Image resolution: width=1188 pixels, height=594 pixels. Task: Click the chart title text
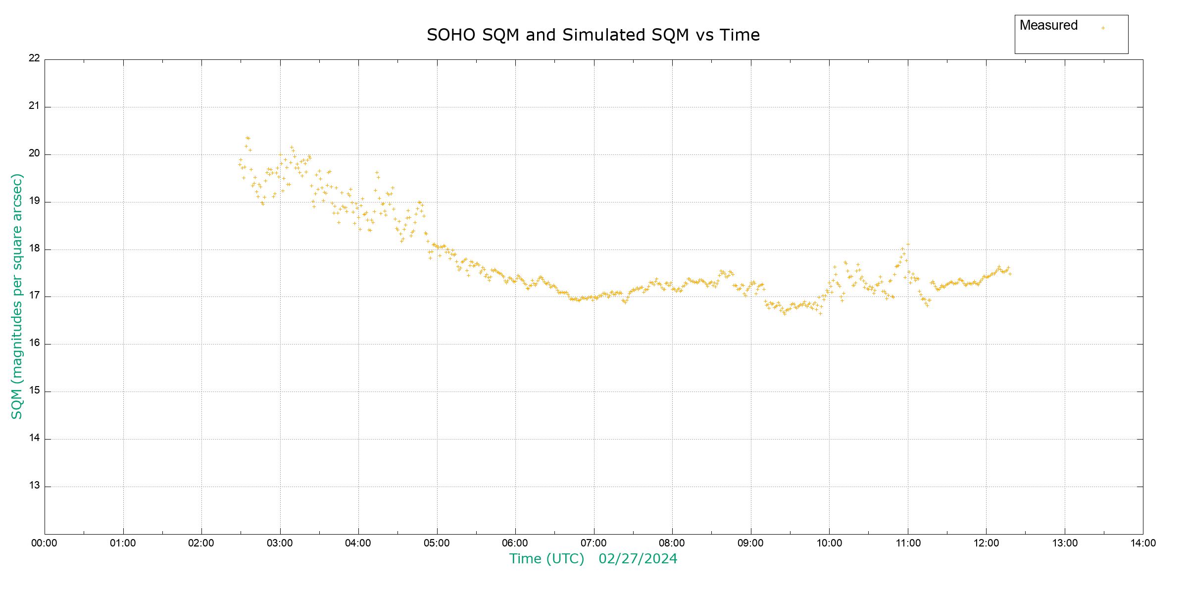tap(593, 35)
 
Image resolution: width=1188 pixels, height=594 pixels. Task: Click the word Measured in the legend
tap(1048, 25)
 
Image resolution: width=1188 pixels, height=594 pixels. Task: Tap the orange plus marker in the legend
tap(1103, 28)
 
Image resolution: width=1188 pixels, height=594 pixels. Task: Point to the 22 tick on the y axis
tap(34, 58)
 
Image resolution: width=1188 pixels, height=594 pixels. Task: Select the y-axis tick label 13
tap(34, 486)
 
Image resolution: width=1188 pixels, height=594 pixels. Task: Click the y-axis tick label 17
tap(34, 296)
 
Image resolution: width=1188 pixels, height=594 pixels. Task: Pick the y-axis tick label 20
tap(34, 153)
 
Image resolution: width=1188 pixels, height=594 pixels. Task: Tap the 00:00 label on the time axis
tap(44, 543)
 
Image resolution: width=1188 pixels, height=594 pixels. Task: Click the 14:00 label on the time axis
tap(1143, 543)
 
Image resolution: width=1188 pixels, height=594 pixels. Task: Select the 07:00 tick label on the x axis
tap(594, 543)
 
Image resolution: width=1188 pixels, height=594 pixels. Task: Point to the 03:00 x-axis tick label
tap(280, 543)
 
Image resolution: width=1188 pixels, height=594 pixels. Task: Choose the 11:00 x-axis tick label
tap(908, 543)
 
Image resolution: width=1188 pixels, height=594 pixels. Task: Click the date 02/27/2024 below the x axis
tap(638, 559)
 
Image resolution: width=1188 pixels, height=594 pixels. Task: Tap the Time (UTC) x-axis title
tap(546, 559)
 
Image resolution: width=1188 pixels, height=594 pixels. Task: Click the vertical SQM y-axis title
tap(17, 296)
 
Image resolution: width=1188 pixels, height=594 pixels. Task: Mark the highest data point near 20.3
tap(247, 138)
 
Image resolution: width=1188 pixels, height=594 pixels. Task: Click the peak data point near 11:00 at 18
tap(908, 244)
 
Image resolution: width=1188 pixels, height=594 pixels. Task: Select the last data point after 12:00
tap(1010, 274)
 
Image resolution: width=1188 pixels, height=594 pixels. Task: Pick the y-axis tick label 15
tap(34, 391)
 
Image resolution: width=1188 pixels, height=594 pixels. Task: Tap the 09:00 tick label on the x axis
tap(750, 543)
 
